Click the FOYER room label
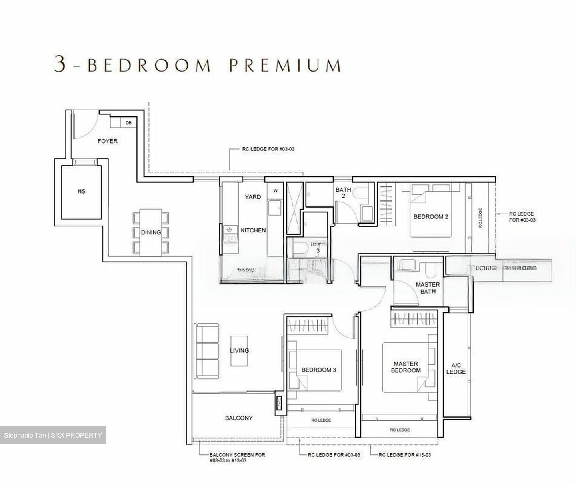(108, 141)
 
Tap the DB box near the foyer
(128, 123)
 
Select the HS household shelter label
(81, 192)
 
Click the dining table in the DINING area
(150, 232)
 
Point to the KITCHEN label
(253, 230)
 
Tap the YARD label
(253, 197)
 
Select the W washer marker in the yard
(275, 191)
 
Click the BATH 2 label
(343, 193)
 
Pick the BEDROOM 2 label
(430, 217)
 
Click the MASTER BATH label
(428, 288)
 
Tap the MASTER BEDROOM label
(406, 367)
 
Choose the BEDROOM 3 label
(318, 370)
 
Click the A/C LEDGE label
(456, 368)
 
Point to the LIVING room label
(239, 351)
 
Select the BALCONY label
(239, 418)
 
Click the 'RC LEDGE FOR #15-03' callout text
(404, 455)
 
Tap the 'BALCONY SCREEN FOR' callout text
(237, 455)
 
